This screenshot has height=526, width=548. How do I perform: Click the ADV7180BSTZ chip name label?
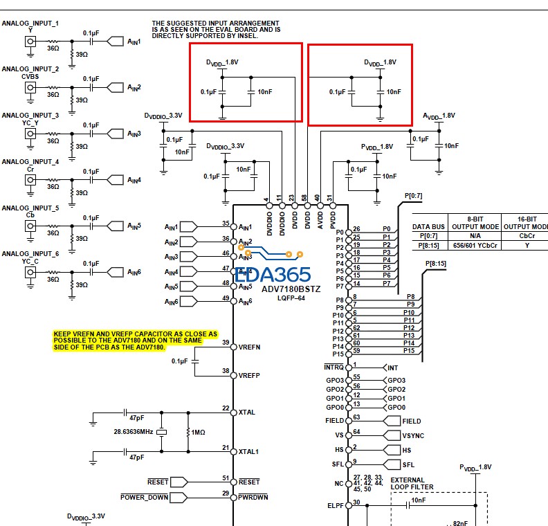[x=291, y=289]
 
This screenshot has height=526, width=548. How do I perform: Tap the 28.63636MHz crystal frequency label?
[x=132, y=431]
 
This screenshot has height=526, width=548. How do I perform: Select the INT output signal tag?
[x=392, y=368]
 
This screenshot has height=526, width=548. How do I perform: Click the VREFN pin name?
[x=249, y=346]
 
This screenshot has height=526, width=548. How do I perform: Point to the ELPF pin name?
[x=336, y=505]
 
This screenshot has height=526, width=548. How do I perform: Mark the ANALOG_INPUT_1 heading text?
[x=30, y=24]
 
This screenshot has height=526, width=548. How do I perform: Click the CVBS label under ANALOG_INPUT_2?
[x=30, y=76]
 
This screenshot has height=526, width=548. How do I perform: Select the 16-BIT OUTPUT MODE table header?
[x=525, y=221]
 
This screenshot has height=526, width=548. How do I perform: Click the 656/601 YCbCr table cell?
[x=475, y=244]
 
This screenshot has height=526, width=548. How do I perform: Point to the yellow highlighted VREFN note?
[x=135, y=340]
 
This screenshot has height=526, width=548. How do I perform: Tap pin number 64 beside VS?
[x=356, y=432]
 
